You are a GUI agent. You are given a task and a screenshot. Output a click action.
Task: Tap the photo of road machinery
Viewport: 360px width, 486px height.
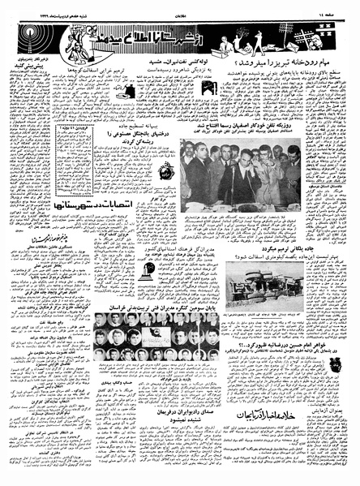pyautogui.click(x=268, y=281)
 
